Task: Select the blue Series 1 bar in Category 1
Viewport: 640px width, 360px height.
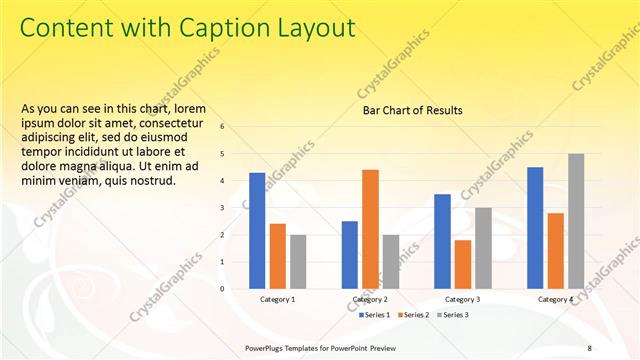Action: (257, 230)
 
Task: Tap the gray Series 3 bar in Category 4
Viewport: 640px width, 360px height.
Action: (576, 220)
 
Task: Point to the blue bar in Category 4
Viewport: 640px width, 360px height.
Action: (535, 227)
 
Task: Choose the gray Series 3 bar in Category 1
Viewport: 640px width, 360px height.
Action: (298, 261)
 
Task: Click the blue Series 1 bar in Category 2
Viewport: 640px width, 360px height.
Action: (349, 254)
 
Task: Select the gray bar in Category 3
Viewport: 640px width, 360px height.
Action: (483, 248)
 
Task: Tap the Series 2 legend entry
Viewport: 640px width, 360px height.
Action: (414, 315)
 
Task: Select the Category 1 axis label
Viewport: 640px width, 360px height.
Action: (277, 299)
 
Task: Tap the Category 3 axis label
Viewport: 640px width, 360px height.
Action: (462, 299)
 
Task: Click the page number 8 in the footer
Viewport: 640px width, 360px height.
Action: (588, 348)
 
